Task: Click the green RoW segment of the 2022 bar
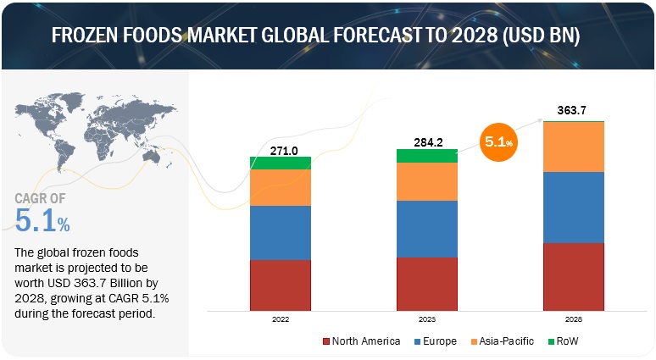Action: pos(280,163)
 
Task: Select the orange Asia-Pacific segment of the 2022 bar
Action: pos(280,187)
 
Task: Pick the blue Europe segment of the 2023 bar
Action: pos(426,229)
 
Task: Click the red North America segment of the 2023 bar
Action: pos(426,284)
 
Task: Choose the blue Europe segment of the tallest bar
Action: pos(574,207)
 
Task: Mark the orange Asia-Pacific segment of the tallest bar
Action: pos(574,147)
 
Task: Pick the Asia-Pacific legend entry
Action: pos(501,341)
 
